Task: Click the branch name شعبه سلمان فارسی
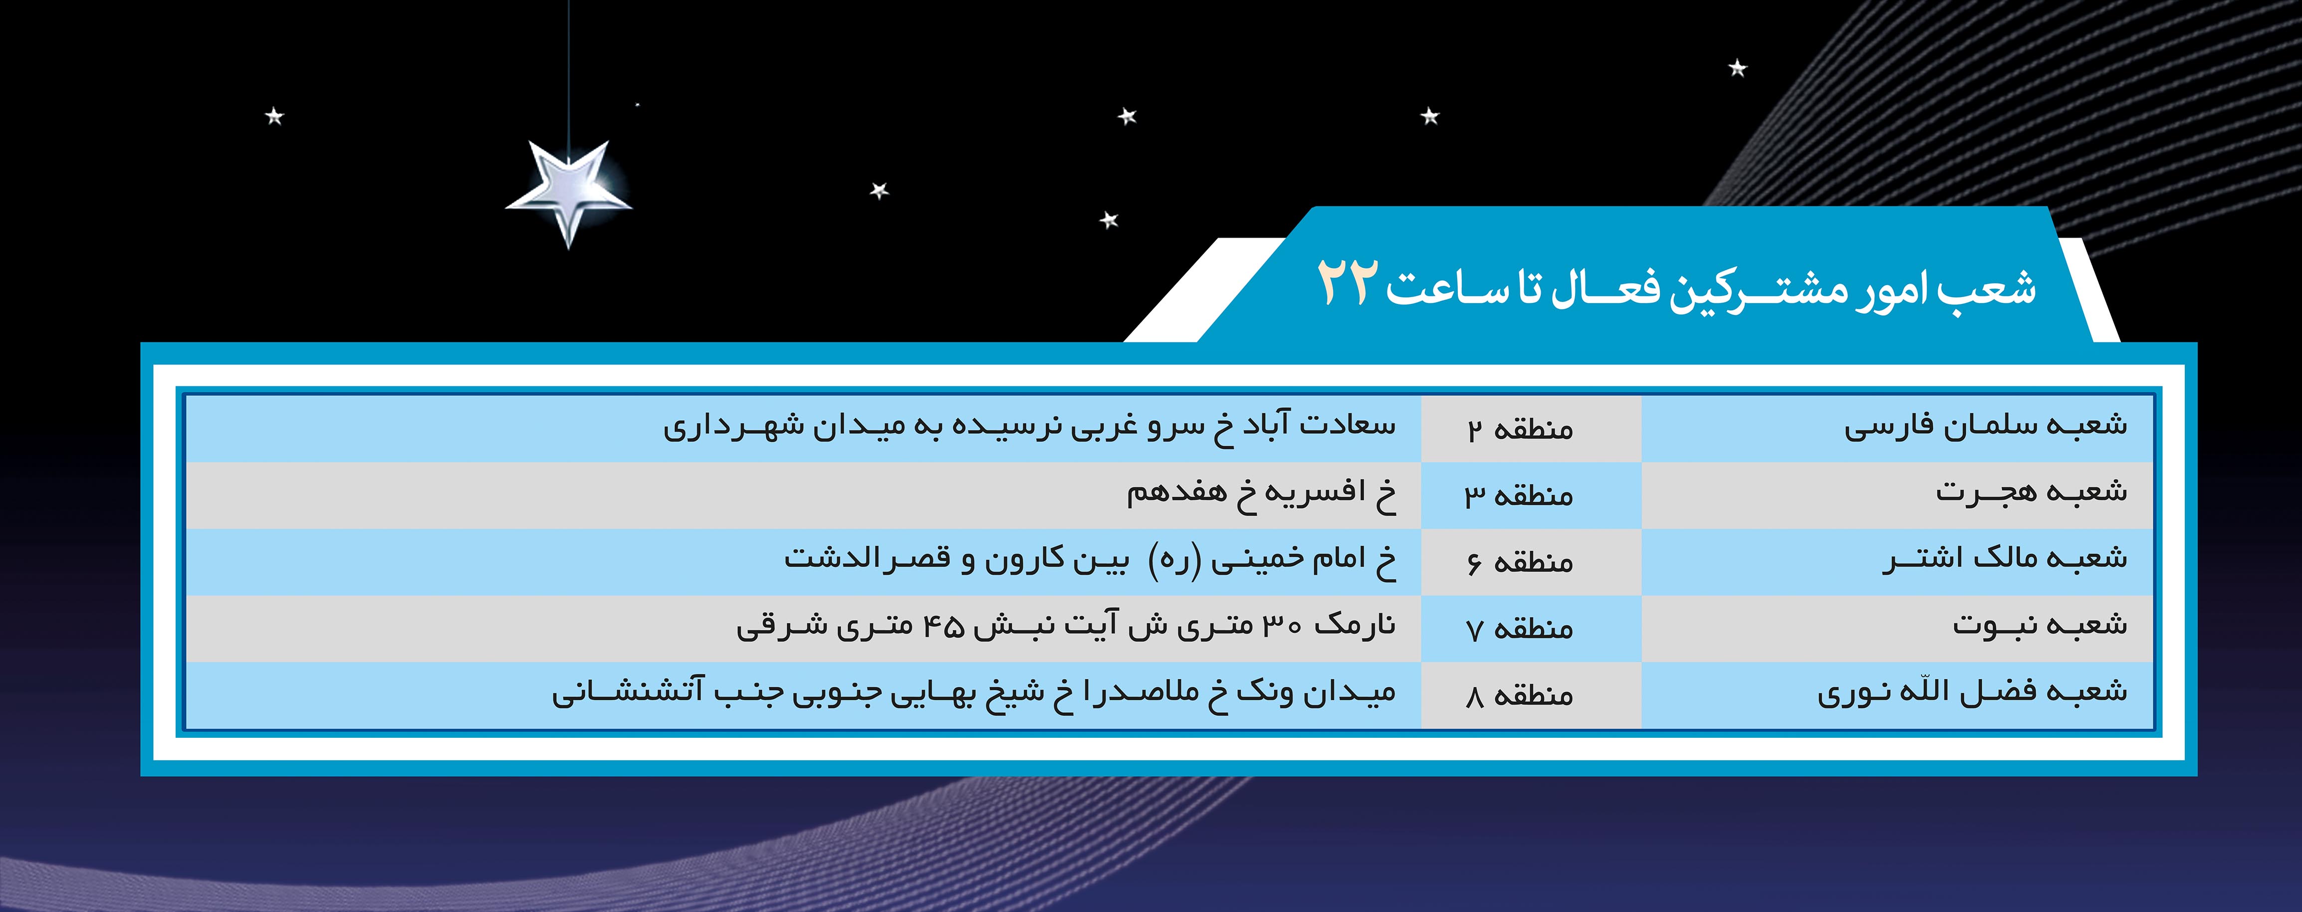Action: [x=1986, y=426]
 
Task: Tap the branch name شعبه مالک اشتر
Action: [x=2005, y=559]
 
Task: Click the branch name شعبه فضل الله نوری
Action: [x=1972, y=692]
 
